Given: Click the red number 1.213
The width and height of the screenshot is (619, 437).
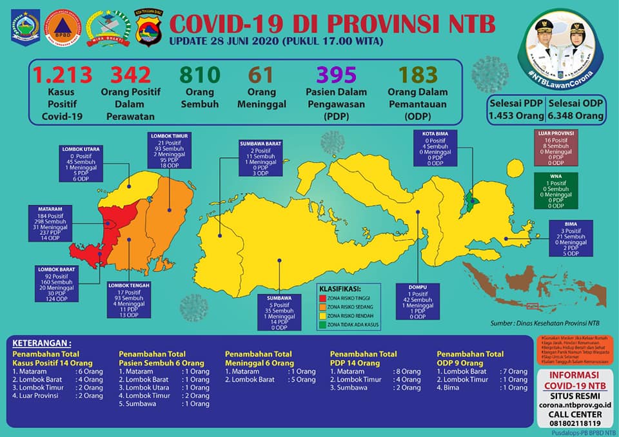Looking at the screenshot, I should click(63, 75).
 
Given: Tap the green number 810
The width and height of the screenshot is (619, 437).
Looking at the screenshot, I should click(199, 75).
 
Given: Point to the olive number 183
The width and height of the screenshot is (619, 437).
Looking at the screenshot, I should click(418, 75).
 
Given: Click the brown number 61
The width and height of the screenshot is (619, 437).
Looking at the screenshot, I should click(262, 75).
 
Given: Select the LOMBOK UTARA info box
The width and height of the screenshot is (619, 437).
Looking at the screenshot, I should click(81, 164).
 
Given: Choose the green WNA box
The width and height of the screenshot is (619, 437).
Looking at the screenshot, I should click(555, 191).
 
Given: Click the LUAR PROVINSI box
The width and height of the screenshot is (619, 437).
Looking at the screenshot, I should click(555, 148).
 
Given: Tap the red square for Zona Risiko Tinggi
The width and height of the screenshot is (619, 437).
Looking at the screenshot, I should click(322, 298).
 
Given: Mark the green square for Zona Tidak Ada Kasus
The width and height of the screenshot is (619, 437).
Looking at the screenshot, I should click(322, 324).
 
